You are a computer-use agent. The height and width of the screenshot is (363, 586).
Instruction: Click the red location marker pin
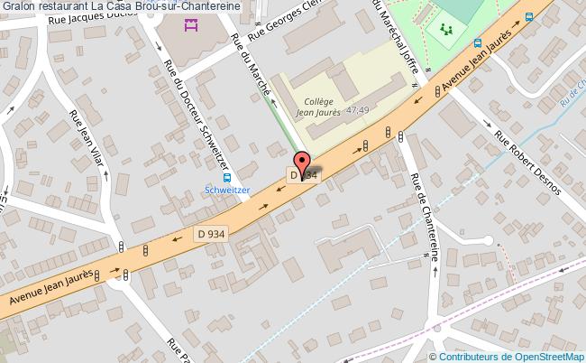click(x=300, y=167)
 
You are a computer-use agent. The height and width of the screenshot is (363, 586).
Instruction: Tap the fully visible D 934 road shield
click(x=211, y=234)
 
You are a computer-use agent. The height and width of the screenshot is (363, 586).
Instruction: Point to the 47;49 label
click(x=358, y=109)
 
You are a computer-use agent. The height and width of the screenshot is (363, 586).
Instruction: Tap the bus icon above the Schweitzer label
click(x=227, y=177)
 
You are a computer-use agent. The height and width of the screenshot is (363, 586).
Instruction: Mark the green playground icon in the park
click(x=446, y=30)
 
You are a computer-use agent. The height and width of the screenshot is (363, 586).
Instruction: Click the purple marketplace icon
click(x=191, y=24)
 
